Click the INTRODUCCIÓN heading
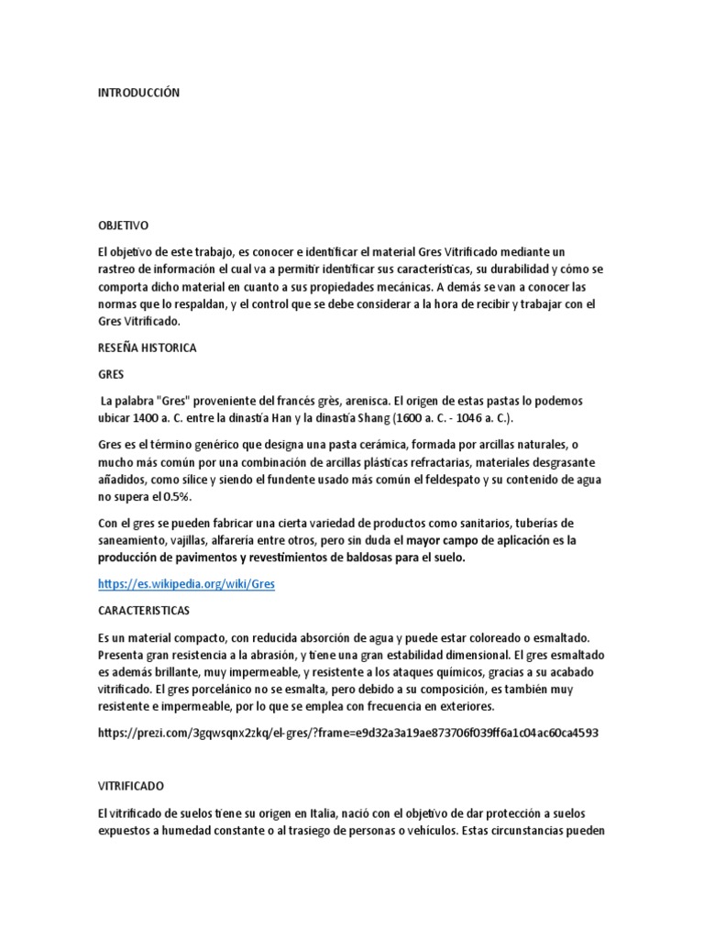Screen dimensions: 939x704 click(x=138, y=93)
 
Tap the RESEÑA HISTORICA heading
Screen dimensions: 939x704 click(x=147, y=348)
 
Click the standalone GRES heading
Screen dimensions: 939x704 click(x=110, y=375)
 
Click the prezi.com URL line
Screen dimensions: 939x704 click(x=348, y=734)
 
